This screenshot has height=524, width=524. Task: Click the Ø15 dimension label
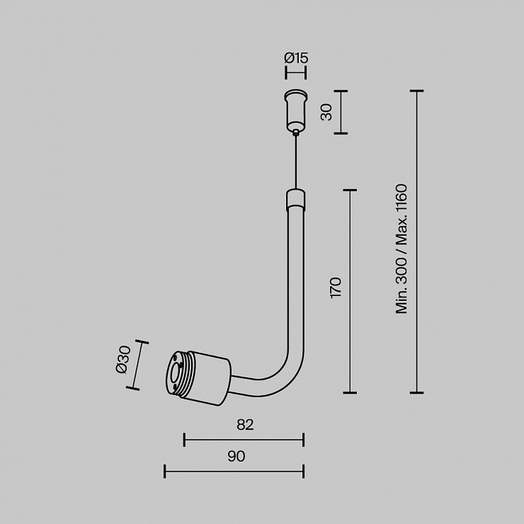pyautogui.click(x=296, y=58)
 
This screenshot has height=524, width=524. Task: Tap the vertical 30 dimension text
pyautogui.click(x=326, y=112)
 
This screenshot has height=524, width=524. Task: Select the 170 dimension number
pyautogui.click(x=336, y=287)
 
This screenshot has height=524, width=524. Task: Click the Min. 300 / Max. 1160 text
pyautogui.click(x=401, y=249)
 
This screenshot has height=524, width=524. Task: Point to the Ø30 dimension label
pyautogui.click(x=123, y=360)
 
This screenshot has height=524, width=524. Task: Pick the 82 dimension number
pyautogui.click(x=245, y=424)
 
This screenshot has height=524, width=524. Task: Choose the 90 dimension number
pyautogui.click(x=237, y=456)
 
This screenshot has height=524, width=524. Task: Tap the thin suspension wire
pyautogui.click(x=295, y=161)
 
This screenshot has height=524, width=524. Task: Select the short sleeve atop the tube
pyautogui.click(x=295, y=200)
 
